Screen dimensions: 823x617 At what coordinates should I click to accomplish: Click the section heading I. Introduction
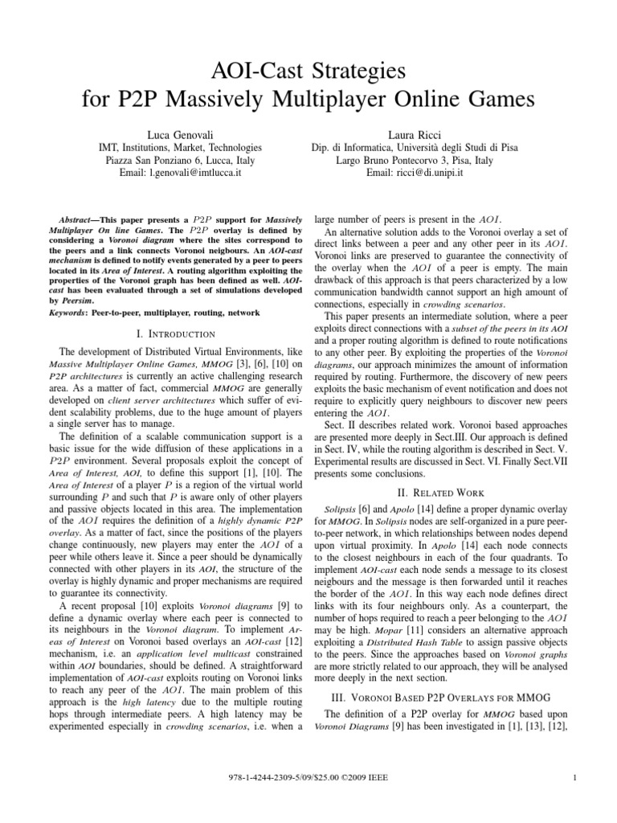pyautogui.click(x=174, y=333)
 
